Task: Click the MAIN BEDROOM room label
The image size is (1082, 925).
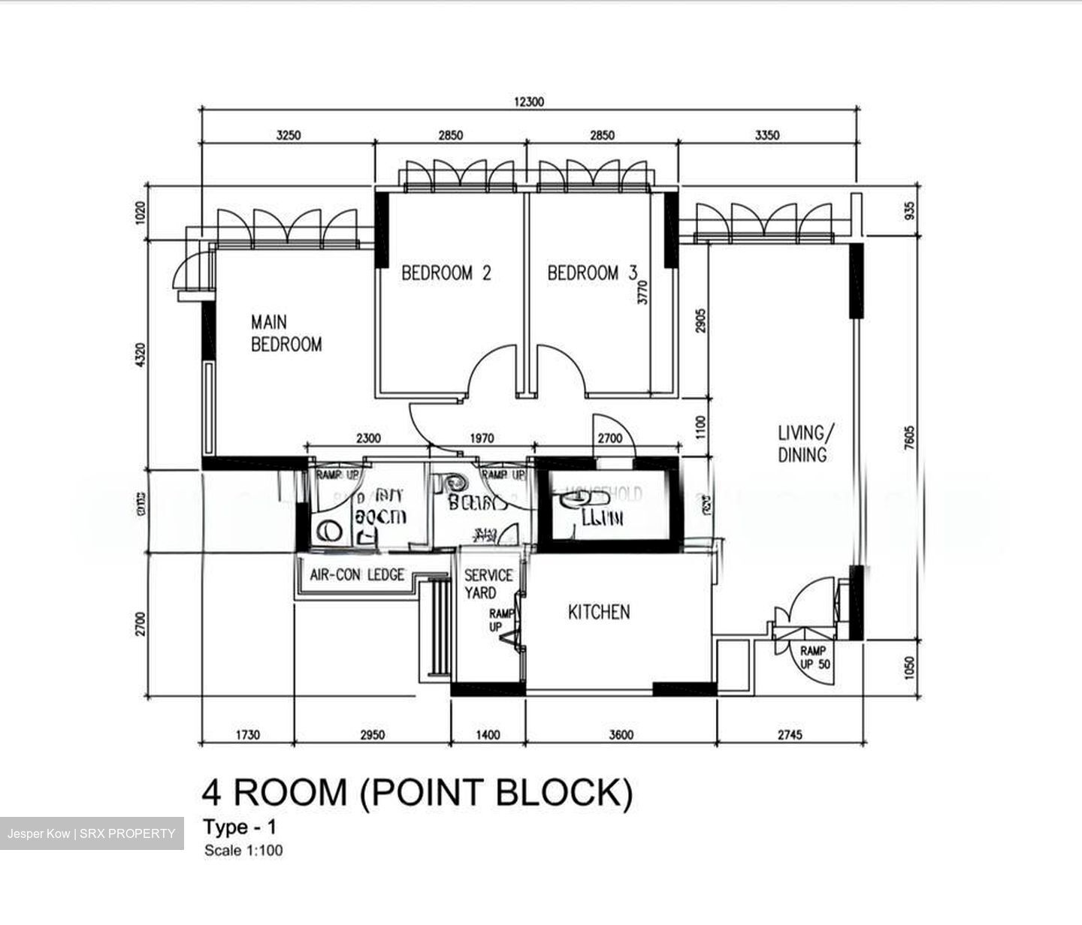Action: click(286, 333)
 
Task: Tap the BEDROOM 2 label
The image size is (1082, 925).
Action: click(446, 273)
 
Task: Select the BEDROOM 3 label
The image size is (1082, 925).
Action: click(592, 273)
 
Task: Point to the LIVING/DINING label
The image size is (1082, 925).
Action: click(804, 444)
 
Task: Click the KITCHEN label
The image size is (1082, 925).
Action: click(598, 612)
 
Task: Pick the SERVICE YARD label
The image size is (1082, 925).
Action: click(488, 584)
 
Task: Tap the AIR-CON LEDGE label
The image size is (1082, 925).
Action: click(357, 575)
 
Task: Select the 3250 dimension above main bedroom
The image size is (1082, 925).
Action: click(288, 136)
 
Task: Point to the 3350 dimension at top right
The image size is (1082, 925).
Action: click(766, 136)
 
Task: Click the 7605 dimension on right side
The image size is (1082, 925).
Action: click(910, 438)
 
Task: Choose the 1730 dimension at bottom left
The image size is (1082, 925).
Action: click(247, 734)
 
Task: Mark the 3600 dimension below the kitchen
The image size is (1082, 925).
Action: click(621, 734)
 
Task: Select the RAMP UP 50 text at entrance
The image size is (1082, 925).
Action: click(813, 657)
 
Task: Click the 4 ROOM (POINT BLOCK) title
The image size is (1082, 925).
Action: click(417, 792)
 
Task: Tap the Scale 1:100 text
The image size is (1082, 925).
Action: click(243, 851)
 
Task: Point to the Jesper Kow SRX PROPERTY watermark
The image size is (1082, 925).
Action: click(92, 833)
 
